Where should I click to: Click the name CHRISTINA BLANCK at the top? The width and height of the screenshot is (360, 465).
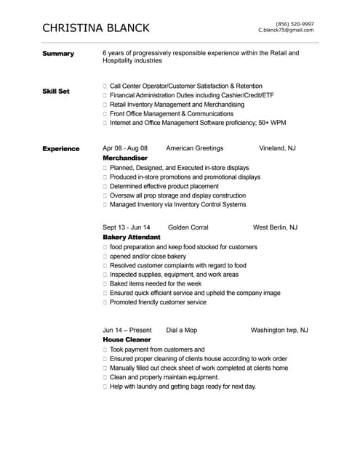click(x=96, y=28)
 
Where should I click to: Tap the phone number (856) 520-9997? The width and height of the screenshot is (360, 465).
click(x=295, y=24)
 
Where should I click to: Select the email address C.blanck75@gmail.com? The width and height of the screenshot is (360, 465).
click(x=286, y=31)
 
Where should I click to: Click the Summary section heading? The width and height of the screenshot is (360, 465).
click(x=58, y=54)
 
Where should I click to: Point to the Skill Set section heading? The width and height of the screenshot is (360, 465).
click(x=56, y=92)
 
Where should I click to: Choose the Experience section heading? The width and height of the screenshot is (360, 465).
click(x=61, y=149)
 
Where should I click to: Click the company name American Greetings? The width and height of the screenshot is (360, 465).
click(x=195, y=148)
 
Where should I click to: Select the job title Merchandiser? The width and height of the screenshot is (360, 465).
click(x=125, y=158)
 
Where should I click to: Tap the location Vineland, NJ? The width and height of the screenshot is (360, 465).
click(x=277, y=148)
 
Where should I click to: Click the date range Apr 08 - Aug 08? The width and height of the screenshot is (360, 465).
click(x=125, y=148)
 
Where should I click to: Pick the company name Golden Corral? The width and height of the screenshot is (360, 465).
click(x=188, y=227)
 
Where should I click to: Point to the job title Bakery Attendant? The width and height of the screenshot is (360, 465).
click(x=132, y=238)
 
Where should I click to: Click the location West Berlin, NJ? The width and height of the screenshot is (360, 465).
click(x=275, y=227)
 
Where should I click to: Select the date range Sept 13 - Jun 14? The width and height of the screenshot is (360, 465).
click(x=127, y=227)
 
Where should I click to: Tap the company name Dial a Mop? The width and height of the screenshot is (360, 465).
click(x=182, y=330)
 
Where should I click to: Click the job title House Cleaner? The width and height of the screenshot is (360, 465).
click(x=127, y=339)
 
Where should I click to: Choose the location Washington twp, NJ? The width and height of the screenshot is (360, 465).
click(x=279, y=330)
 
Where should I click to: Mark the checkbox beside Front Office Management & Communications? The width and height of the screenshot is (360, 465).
click(x=105, y=114)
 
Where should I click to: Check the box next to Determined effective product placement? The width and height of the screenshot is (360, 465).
click(x=105, y=186)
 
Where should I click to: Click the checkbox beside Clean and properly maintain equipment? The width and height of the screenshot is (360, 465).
click(x=105, y=378)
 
